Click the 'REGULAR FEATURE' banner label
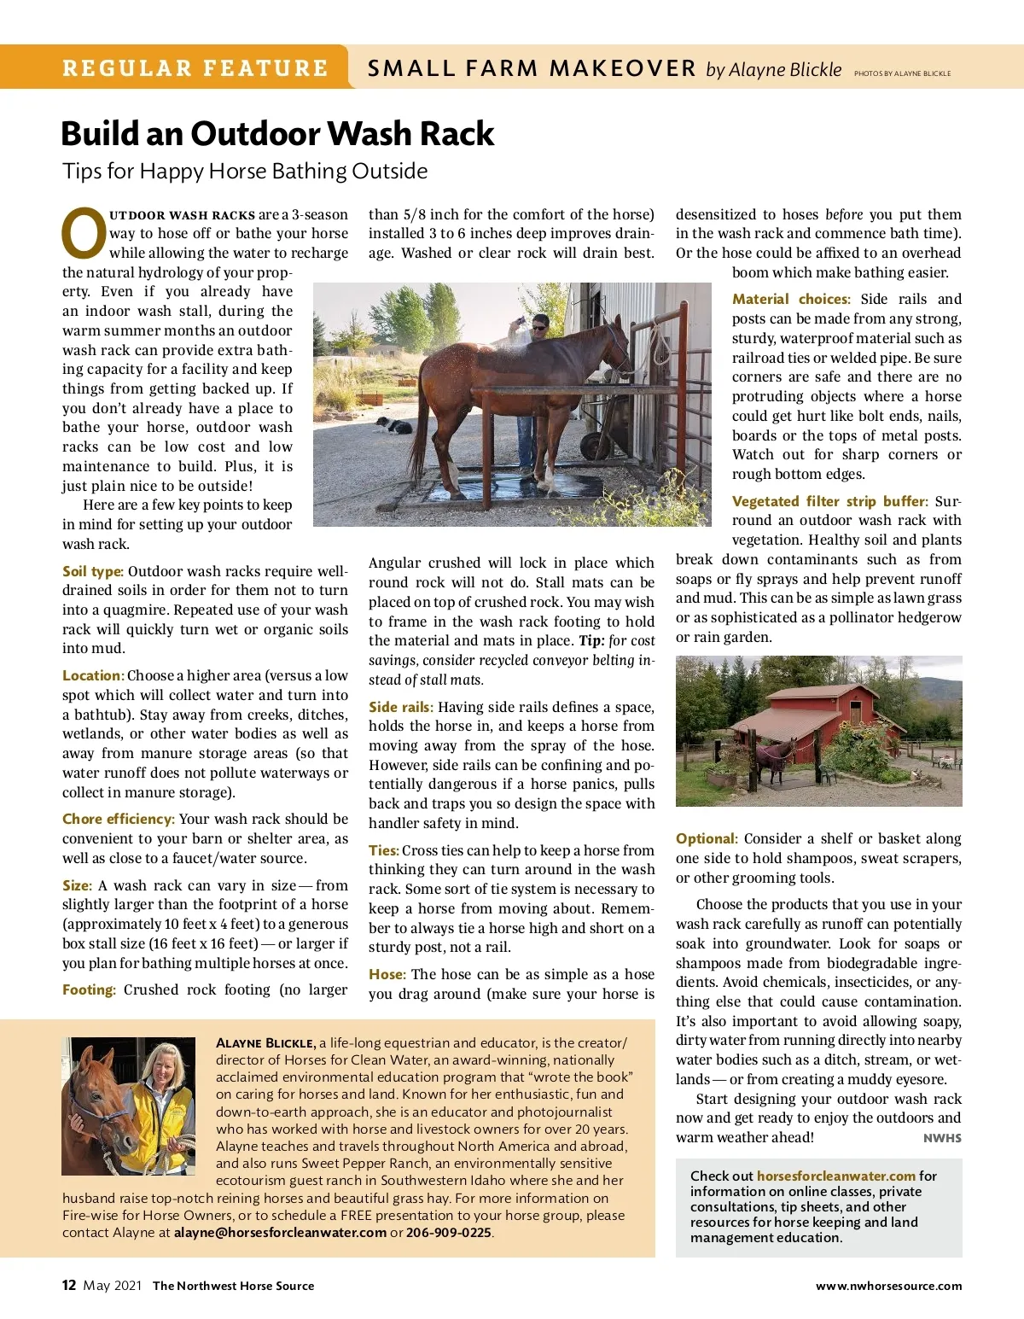pos(195,68)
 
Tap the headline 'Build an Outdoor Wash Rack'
pos(277,134)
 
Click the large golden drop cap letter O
pos(84,233)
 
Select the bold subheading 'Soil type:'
pos(93,571)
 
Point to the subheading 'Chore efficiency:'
pos(118,819)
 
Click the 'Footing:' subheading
pos(89,989)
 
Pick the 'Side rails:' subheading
pos(400,707)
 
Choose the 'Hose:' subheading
pos(387,974)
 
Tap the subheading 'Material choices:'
pos(791,299)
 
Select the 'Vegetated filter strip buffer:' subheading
pos(829,501)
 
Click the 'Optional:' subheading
pos(707,838)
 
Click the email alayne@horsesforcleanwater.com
pos(280,1233)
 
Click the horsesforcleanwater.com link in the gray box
pos(835,1176)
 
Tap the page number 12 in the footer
pos(69,1285)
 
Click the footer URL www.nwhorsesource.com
pos(888,1286)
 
